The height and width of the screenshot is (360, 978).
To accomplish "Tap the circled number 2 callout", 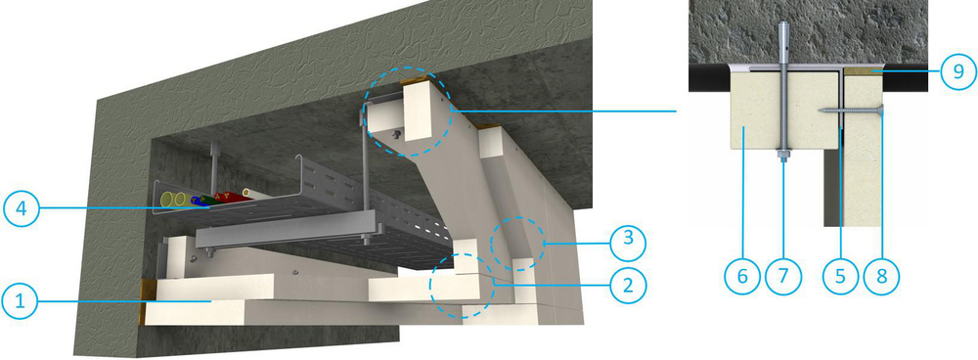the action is [628, 285].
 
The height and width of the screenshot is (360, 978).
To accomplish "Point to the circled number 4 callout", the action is [22, 208].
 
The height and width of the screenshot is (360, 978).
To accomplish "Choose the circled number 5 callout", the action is [840, 275].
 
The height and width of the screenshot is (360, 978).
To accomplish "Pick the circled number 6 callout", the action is [742, 275].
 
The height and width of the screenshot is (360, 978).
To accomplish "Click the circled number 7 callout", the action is [782, 275].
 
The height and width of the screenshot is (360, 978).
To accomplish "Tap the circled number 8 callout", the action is [882, 275].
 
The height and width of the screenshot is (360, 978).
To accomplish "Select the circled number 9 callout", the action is [958, 71].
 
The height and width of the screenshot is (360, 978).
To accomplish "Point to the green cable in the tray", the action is [215, 200].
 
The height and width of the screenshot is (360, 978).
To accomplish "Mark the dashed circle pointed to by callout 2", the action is [463, 285].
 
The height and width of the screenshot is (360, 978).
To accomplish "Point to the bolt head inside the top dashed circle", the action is [397, 133].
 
